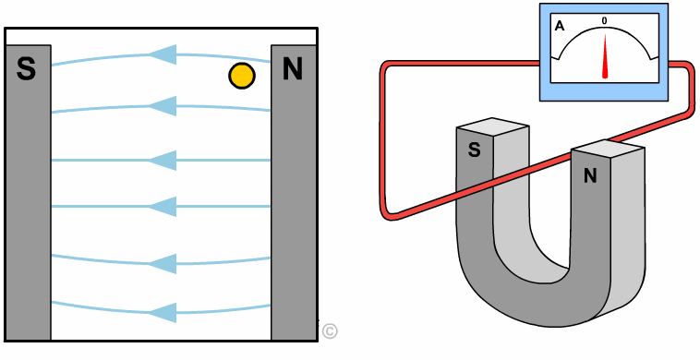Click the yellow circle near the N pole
242,76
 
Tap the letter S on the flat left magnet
26,68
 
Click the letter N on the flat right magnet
293,68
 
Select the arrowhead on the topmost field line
162,54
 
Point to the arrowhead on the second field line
162,106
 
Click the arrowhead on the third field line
162,160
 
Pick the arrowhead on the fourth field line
162,207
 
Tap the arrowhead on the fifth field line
162,264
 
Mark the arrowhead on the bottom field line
162,313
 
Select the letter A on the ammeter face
560,27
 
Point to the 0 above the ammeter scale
605,21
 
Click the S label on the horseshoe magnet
474,150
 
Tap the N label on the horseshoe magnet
590,176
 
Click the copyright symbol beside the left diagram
330,331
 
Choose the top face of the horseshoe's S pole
492,126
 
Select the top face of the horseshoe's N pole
608,148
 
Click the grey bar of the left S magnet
28,192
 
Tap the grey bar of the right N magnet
294,192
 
